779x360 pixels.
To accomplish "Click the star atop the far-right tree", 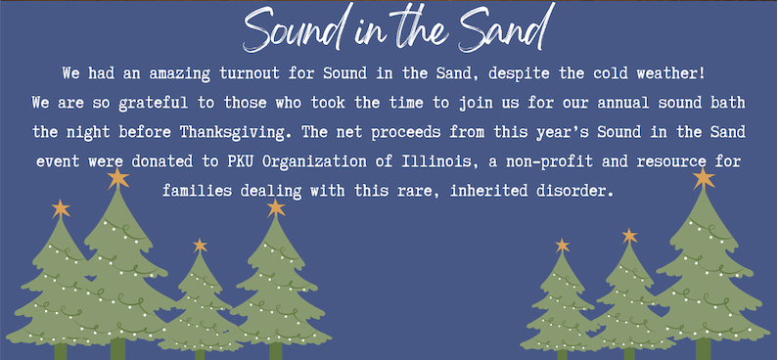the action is pyautogui.click(x=704, y=178).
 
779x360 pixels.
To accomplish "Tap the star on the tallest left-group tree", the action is pyautogui.click(x=118, y=178).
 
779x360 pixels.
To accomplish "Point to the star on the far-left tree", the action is pyautogui.click(x=61, y=209).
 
